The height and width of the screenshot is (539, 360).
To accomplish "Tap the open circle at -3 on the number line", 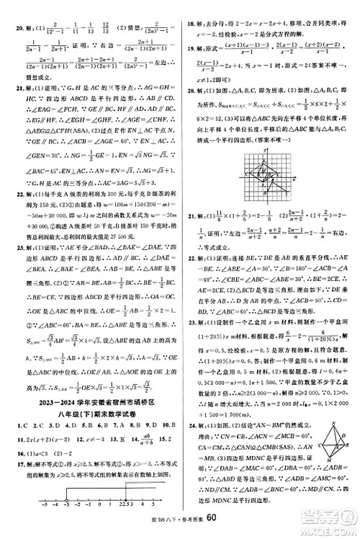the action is click(x=66, y=501).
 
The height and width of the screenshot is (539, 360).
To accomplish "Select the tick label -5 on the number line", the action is click(x=43, y=508).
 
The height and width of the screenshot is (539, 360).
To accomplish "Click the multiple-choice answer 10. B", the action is click(x=166, y=425).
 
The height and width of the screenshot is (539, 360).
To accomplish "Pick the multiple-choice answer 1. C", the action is click(x=12, y=425).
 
